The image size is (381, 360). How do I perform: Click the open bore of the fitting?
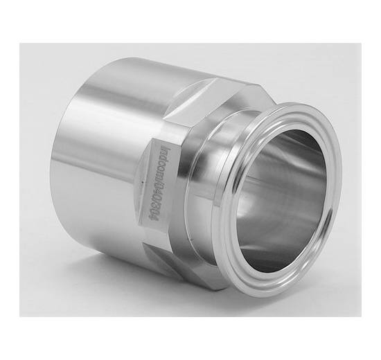[x=277, y=201]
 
